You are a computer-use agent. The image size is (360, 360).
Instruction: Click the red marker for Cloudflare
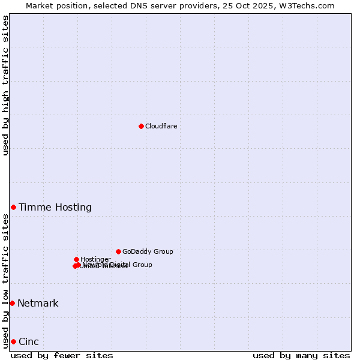[x=141, y=126]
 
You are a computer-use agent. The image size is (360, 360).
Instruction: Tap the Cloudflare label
[x=161, y=126]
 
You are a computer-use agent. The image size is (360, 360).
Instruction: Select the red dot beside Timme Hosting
[x=13, y=207]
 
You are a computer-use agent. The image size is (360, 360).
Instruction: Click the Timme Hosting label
[x=55, y=207]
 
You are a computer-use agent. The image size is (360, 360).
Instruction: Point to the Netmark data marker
[x=12, y=303]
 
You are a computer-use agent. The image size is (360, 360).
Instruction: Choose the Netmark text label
[x=38, y=303]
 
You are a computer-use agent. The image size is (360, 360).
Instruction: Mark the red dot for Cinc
[x=13, y=341]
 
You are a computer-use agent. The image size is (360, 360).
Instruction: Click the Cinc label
[x=29, y=341]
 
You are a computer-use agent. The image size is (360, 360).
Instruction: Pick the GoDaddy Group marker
[x=118, y=251]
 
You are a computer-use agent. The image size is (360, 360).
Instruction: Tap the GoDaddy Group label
[x=148, y=251]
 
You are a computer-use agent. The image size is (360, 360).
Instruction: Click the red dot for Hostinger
[x=76, y=259]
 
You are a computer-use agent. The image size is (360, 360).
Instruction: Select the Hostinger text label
[x=95, y=259]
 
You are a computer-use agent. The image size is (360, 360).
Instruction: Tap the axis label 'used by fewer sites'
[x=62, y=355]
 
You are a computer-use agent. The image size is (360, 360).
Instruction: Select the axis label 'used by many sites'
[x=301, y=355]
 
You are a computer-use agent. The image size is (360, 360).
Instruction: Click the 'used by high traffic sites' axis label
[x=5, y=85]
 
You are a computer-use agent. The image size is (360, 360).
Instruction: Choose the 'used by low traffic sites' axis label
[x=5, y=281]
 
